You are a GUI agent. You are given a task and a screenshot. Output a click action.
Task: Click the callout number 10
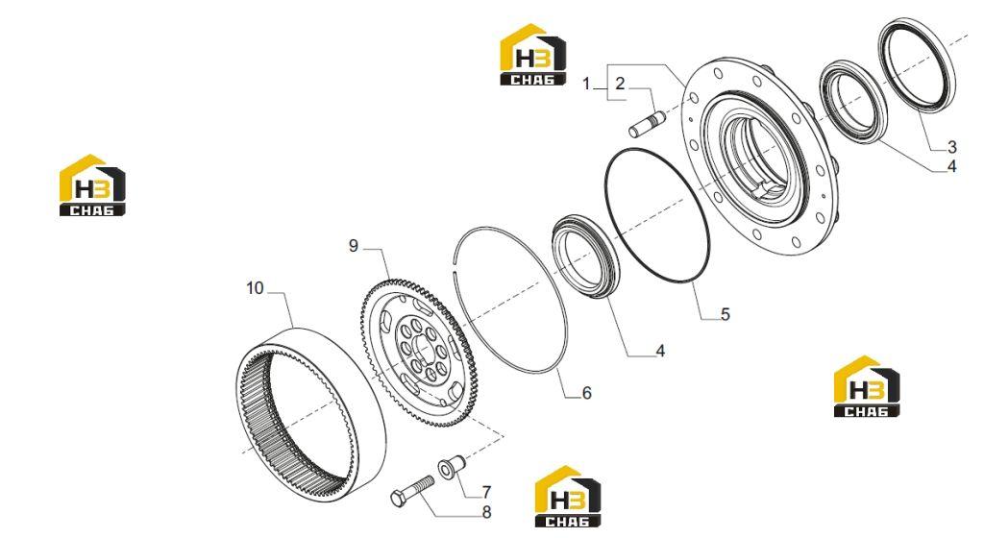click(255, 288)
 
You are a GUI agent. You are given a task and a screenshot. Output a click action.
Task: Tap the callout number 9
click(354, 246)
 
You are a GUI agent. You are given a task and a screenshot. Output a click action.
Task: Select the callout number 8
click(486, 512)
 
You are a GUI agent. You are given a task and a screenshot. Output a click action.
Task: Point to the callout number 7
click(486, 492)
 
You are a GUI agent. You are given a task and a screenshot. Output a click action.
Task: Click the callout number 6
click(587, 393)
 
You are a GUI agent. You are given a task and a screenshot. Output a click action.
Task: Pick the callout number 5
click(726, 314)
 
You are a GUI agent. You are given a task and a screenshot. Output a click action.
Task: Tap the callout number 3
click(952, 147)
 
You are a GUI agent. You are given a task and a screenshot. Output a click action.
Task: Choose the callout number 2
click(620, 83)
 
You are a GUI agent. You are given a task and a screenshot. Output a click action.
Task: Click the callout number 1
click(587, 83)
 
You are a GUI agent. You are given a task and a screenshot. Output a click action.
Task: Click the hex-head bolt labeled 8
click(411, 491)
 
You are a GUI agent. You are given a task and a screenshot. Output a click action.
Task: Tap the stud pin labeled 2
click(647, 124)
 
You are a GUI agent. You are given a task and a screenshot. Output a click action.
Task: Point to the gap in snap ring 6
click(454, 264)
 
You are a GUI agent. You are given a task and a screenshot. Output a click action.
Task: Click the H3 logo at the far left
click(92, 185)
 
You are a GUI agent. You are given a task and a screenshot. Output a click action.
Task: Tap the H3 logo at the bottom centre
click(567, 497)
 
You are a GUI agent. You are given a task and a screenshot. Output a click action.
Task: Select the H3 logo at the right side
click(867, 386)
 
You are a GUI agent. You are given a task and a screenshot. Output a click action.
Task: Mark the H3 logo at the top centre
click(532, 55)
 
